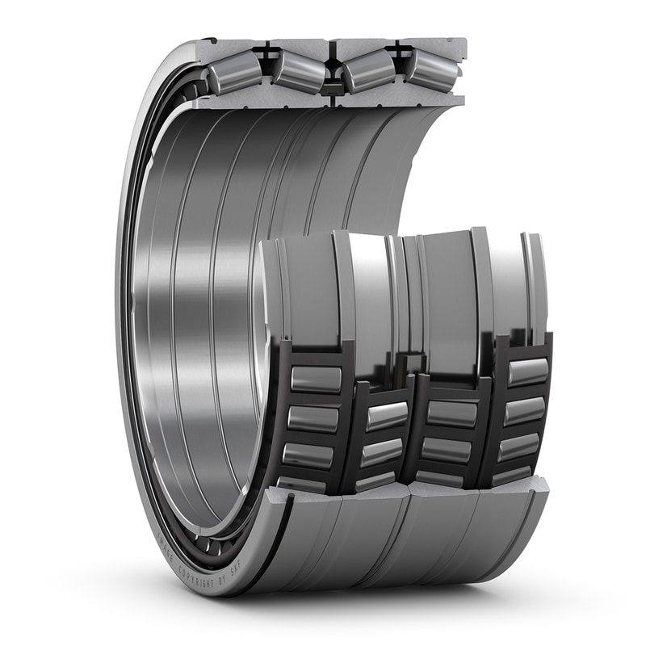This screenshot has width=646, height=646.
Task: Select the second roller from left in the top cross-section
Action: (x=298, y=72)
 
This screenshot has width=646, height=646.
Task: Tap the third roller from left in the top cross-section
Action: (x=367, y=72)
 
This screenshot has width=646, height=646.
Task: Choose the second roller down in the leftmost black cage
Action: (x=313, y=418)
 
